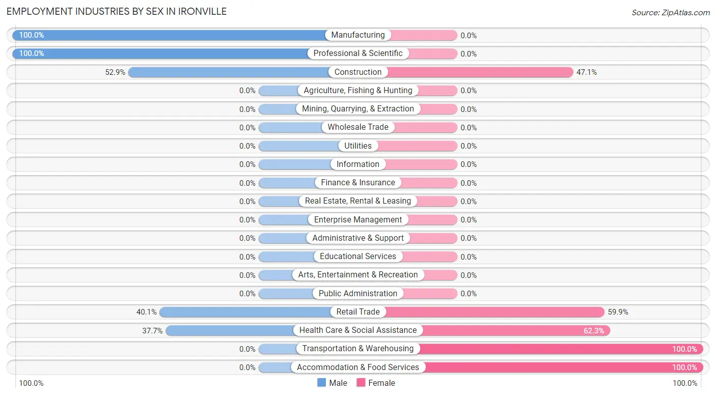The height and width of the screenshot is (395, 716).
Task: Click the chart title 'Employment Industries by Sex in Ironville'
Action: (117, 11)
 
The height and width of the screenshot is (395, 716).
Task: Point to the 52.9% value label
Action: (115, 72)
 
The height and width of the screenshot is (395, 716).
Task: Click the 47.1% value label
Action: (587, 72)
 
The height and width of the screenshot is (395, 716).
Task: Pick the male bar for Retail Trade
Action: (244, 312)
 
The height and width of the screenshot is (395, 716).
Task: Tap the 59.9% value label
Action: (618, 312)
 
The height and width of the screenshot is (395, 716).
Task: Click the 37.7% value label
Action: (152, 330)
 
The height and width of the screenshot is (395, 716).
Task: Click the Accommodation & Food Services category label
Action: (358, 367)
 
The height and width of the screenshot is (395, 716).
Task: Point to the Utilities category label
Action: (358, 146)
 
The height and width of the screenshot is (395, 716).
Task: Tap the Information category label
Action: (358, 164)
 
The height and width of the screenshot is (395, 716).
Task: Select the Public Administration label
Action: (358, 293)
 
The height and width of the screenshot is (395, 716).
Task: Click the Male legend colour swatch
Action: (321, 383)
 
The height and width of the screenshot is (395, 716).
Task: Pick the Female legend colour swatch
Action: (361, 383)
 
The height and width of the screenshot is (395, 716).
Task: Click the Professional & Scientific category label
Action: (358, 53)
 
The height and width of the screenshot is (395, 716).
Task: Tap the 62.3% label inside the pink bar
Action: (594, 330)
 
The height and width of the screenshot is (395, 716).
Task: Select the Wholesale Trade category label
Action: (358, 127)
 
